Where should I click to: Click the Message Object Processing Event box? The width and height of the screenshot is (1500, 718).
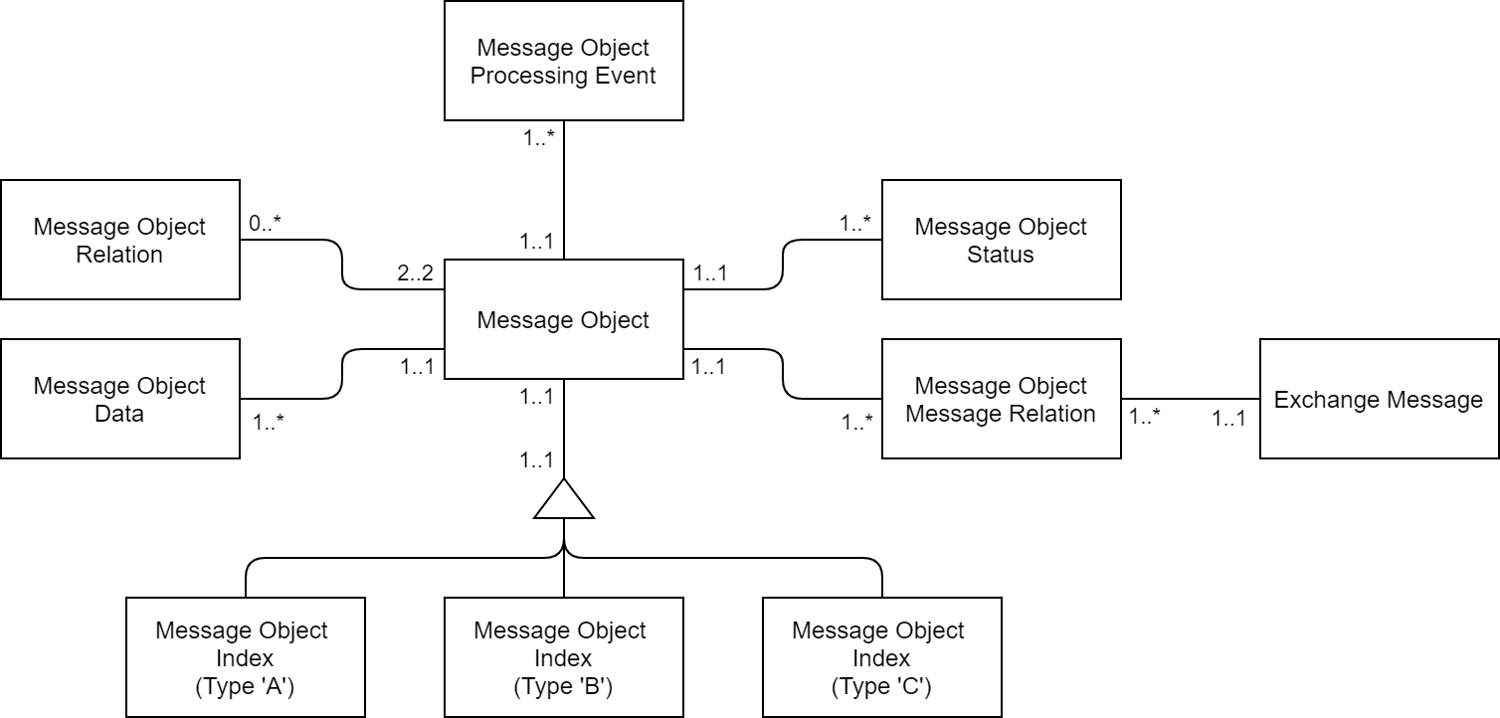point(563,61)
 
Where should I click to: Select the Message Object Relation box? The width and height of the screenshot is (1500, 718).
point(119,240)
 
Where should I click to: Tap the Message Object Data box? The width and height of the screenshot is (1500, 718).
point(119,399)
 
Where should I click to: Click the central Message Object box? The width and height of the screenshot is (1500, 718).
point(563,319)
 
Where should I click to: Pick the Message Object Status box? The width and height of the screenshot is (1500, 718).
point(1001,240)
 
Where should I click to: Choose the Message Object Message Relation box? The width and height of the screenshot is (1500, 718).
point(1001,399)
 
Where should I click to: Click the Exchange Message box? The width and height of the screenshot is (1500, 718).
point(1379,399)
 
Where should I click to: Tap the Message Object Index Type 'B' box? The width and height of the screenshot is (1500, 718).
point(563,657)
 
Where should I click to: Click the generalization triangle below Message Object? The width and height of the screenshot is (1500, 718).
point(564,501)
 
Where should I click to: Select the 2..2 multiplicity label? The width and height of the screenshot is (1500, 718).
point(416,273)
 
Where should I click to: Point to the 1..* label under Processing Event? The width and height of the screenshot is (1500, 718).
point(538,138)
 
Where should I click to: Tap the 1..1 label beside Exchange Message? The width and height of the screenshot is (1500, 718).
point(1228,420)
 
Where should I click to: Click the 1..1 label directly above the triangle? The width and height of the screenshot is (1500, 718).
point(537,459)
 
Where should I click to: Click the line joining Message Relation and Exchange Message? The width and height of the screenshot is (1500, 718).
point(1190,399)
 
